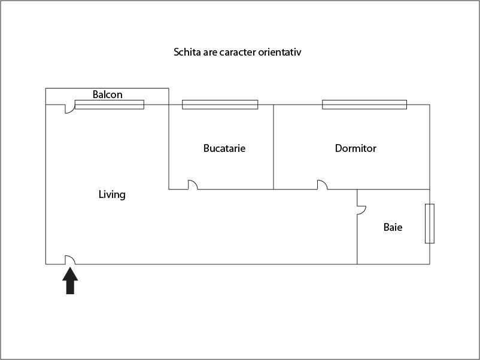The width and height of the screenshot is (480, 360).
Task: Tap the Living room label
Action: [x=112, y=194]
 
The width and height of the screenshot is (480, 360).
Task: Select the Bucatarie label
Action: [x=224, y=148]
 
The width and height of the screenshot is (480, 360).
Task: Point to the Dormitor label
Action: [x=356, y=148]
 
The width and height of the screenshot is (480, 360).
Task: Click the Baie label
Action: [x=393, y=227]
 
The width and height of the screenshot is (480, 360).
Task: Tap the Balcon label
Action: [x=108, y=94]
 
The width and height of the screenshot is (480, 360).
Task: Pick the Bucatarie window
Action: [x=220, y=105]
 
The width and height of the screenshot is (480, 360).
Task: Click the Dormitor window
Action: [x=364, y=105]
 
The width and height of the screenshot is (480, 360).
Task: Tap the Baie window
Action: [x=429, y=224]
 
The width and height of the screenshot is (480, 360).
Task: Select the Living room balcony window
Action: [x=109, y=105]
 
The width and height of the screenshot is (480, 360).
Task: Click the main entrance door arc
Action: [x=69, y=259]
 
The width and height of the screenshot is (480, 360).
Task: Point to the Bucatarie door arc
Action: [x=193, y=184]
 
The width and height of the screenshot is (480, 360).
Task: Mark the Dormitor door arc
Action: [x=322, y=184]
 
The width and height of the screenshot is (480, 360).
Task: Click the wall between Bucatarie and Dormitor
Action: [x=274, y=147]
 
